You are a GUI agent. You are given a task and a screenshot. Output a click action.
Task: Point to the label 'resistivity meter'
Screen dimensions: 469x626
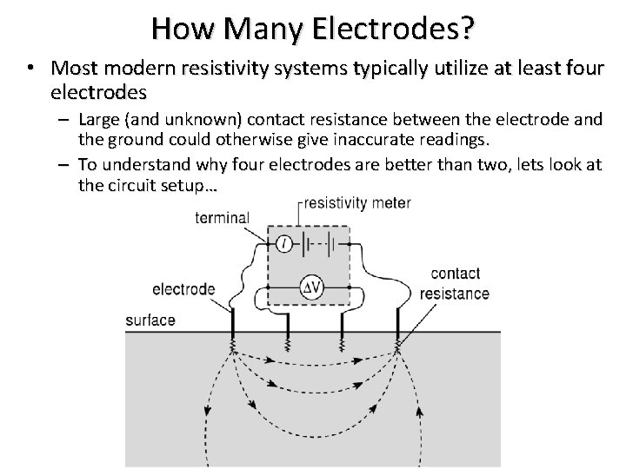(x=357, y=203)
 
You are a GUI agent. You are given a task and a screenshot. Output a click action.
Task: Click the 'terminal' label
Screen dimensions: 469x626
(x=223, y=218)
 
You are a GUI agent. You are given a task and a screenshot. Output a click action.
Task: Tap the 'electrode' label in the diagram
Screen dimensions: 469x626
(x=183, y=289)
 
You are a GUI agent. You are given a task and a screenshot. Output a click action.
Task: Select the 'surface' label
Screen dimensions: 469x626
(x=150, y=320)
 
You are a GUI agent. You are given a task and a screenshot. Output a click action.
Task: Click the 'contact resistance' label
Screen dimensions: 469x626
(x=455, y=284)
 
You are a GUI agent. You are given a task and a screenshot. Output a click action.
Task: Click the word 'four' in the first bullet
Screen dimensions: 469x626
(x=583, y=68)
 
